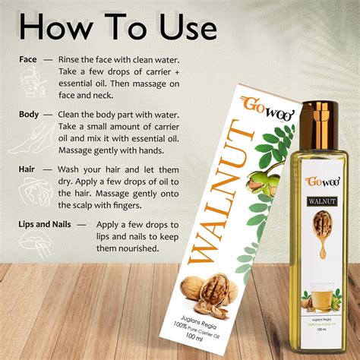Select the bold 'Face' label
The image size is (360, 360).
point(29,58)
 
